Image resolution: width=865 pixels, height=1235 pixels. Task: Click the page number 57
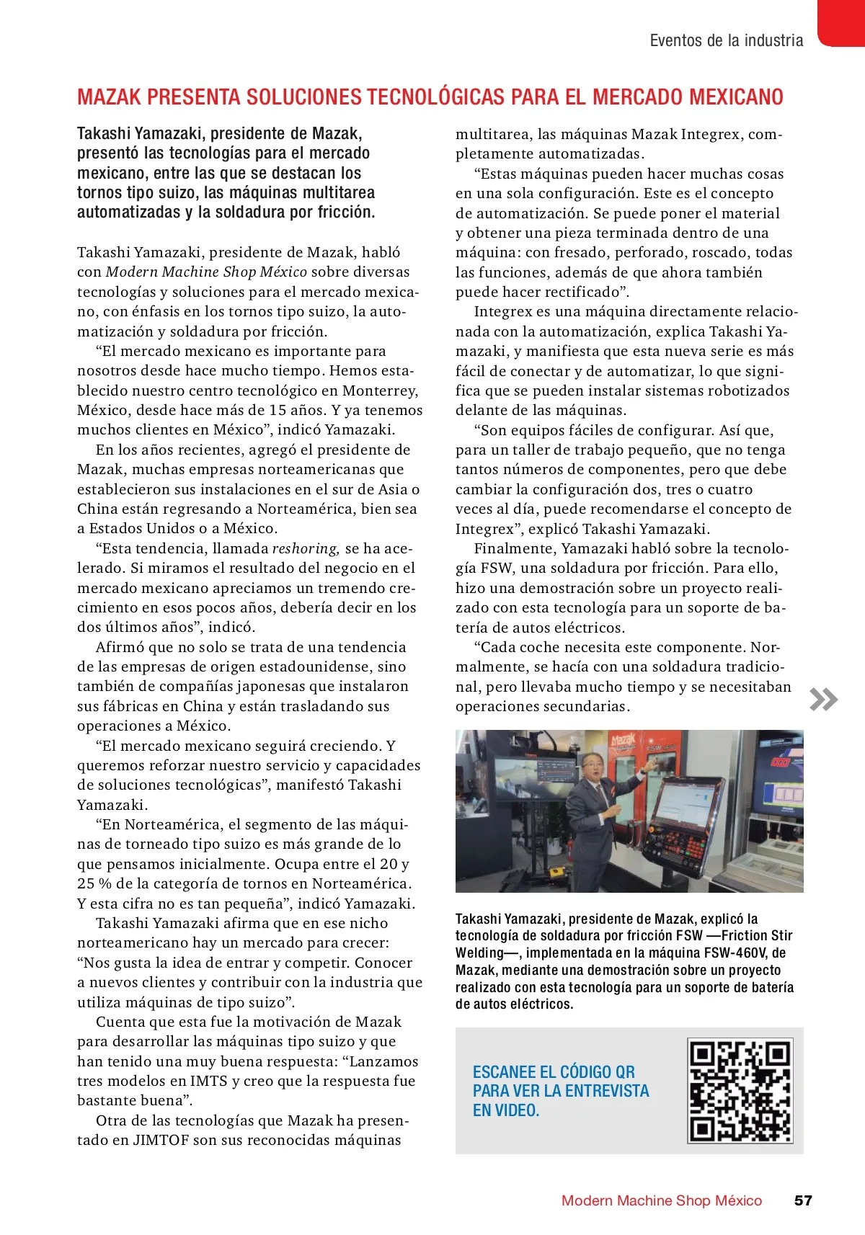pyautogui.click(x=803, y=1200)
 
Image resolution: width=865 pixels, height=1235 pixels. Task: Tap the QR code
pyautogui.click(x=740, y=1091)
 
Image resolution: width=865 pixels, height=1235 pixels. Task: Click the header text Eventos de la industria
pyautogui.click(x=726, y=40)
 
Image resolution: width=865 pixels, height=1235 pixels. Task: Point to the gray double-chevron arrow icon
pyautogui.click(x=824, y=700)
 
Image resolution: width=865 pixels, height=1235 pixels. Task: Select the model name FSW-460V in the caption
pyautogui.click(x=734, y=953)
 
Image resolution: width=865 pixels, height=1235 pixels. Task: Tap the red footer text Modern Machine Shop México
pyautogui.click(x=661, y=1200)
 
